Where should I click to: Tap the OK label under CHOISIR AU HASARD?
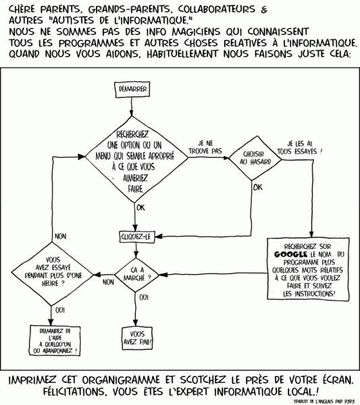click(258, 188)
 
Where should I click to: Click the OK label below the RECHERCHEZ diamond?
click(140, 208)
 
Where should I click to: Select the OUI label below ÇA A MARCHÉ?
click(143, 297)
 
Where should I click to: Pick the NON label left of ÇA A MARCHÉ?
click(107, 282)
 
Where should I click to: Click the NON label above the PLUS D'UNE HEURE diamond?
click(61, 237)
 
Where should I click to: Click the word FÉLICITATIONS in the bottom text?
click(53, 391)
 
